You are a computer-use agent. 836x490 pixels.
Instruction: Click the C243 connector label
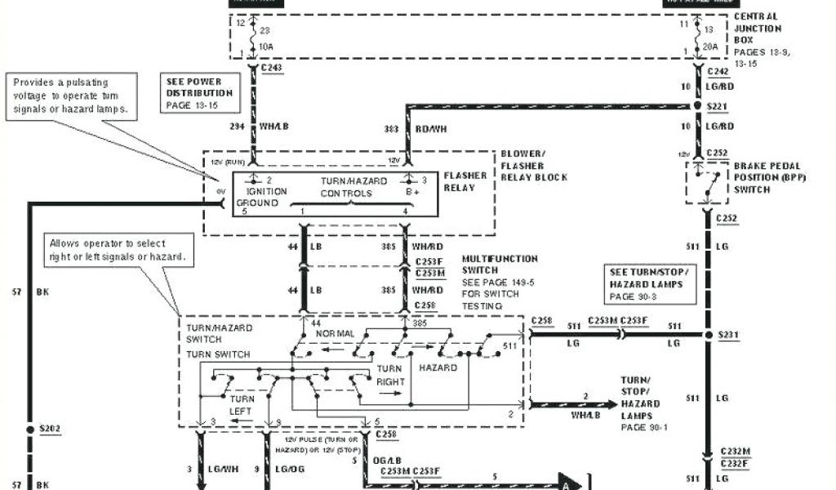[272, 68]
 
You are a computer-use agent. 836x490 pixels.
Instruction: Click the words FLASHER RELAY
[465, 180]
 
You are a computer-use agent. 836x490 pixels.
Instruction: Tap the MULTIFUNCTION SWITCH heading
[500, 264]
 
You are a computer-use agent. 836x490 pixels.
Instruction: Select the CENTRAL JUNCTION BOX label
[757, 28]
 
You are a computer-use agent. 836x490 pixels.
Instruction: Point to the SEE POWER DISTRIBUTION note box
[200, 93]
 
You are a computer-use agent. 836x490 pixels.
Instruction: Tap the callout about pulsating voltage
[71, 96]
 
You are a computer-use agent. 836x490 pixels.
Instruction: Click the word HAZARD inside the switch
[438, 367]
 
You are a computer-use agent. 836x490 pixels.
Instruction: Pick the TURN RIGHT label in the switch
[389, 375]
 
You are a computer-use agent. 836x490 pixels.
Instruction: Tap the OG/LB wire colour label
[388, 462]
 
